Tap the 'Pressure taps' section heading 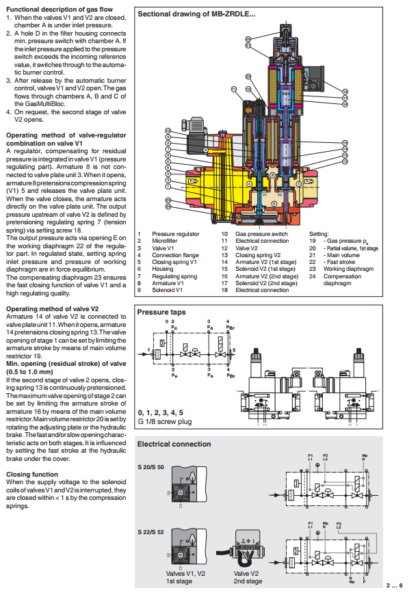pyautogui.click(x=161, y=311)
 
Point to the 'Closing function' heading pyautogui.click(x=32, y=473)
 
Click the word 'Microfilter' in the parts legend pyautogui.click(x=167, y=241)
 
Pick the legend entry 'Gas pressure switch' pyautogui.click(x=262, y=233)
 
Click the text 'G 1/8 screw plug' pyautogui.click(x=164, y=422)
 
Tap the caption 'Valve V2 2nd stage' pyautogui.click(x=247, y=577)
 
